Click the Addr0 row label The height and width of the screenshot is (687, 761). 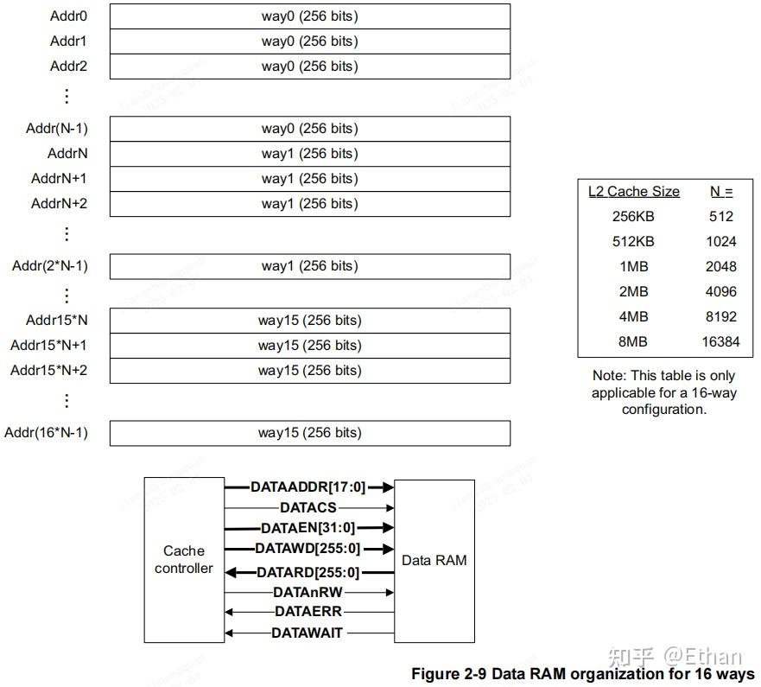click(68, 16)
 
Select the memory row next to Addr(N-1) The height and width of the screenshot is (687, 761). click(309, 129)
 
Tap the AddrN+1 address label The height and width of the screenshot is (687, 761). click(59, 178)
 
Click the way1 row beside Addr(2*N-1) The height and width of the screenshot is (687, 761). click(309, 266)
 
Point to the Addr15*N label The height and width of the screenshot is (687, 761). click(56, 320)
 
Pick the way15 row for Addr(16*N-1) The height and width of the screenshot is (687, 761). click(309, 433)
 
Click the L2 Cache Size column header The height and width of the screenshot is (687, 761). click(633, 192)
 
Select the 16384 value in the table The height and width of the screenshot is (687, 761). click(720, 341)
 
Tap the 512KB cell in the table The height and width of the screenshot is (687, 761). click(633, 241)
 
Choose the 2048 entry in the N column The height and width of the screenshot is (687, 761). click(720, 266)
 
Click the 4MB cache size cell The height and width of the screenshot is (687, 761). click(633, 316)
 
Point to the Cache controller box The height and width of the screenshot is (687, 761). click(184, 559)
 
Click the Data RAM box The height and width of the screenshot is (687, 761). click(434, 560)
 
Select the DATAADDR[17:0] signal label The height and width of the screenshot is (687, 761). click(308, 487)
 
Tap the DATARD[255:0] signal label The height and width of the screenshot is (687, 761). click(308, 572)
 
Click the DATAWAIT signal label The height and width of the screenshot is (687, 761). click(308, 633)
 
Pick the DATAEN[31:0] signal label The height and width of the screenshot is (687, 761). click(308, 527)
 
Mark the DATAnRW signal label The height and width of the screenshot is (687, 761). click(308, 592)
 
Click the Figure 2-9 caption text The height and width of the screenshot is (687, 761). click(582, 674)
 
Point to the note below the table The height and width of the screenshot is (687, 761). click(663, 392)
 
